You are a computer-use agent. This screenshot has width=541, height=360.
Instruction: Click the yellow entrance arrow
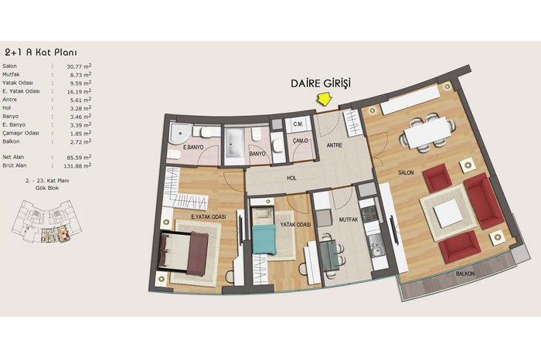click(x=325, y=99)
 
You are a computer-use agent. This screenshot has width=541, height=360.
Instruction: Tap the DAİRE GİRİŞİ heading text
click(x=321, y=83)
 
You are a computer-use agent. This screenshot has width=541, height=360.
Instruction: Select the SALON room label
click(x=406, y=172)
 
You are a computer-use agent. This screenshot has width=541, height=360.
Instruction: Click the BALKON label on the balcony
click(x=465, y=273)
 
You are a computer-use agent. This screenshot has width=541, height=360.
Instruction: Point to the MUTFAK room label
click(x=349, y=219)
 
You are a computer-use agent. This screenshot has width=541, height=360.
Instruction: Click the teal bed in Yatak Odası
click(x=264, y=239)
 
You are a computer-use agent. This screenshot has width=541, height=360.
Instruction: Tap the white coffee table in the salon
click(x=448, y=214)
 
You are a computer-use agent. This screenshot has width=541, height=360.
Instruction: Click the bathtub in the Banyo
click(x=234, y=144)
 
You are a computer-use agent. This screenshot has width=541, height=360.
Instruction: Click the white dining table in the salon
click(x=427, y=132)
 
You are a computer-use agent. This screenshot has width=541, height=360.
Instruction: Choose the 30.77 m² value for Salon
click(x=79, y=66)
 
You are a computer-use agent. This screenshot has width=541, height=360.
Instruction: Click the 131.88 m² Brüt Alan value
click(x=77, y=166)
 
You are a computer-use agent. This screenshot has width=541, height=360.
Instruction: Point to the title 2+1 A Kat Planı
click(x=41, y=53)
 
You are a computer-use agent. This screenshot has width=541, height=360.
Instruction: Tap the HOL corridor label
click(x=291, y=178)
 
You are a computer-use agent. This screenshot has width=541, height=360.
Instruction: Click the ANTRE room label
click(x=335, y=145)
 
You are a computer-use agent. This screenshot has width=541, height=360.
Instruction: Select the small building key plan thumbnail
click(x=46, y=222)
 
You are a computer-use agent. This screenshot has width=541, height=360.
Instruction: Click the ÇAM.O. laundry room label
click(x=301, y=141)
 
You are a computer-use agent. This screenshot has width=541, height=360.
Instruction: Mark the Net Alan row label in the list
click(x=13, y=158)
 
